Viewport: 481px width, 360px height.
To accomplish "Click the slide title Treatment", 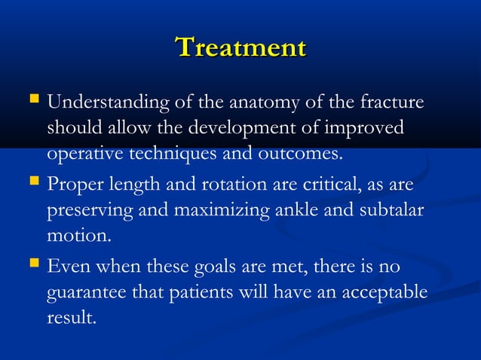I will tap(240, 47).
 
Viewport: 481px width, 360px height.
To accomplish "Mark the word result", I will tap(72, 319).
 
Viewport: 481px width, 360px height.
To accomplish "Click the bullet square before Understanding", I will tap(32, 100).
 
